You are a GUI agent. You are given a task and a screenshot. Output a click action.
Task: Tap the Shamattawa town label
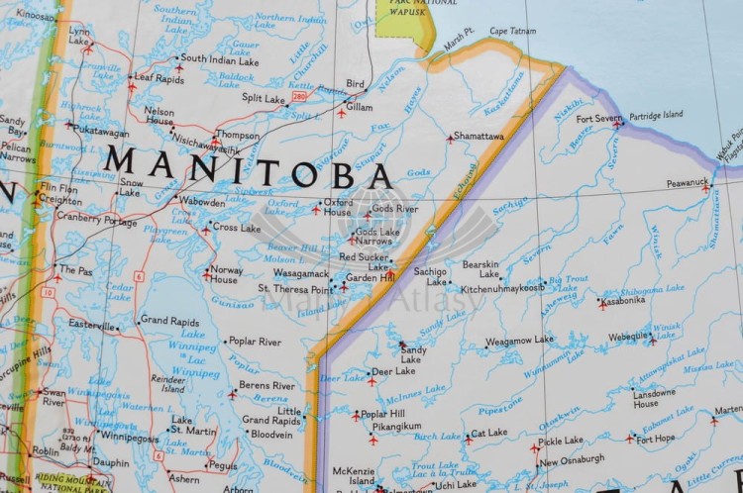click(479, 137)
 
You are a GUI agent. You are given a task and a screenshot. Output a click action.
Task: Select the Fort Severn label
click(600, 119)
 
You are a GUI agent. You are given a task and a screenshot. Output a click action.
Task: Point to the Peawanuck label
click(687, 182)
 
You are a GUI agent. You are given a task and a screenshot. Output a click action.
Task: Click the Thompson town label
click(238, 135)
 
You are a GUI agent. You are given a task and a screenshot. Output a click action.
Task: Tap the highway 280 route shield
click(299, 97)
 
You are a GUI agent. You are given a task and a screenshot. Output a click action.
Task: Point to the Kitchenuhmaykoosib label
click(503, 288)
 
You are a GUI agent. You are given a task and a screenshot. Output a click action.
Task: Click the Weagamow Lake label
click(520, 340)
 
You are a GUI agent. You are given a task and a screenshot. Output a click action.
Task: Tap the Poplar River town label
click(256, 342)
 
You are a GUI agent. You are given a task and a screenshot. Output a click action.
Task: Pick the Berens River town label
click(266, 385)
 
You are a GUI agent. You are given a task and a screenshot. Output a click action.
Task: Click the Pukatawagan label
click(103, 132)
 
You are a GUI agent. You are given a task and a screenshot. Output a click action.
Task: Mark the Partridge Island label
click(657, 115)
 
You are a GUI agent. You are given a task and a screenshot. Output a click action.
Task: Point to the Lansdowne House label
click(645, 398)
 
